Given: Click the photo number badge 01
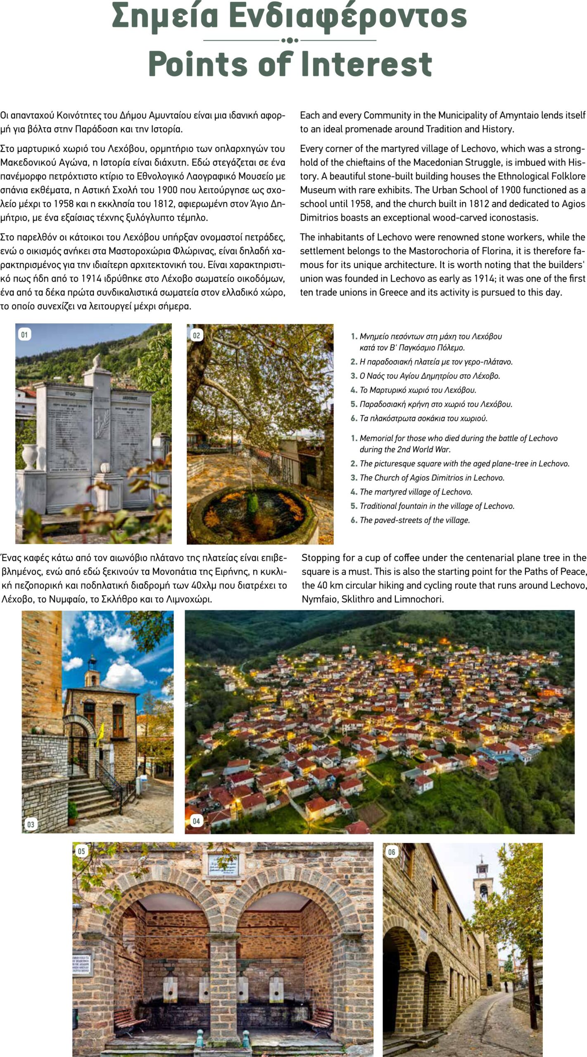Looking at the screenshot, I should [x=24, y=334].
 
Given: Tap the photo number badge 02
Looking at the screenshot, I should [x=196, y=335].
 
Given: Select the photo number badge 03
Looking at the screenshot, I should [x=31, y=825].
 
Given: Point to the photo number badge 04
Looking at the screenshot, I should [x=196, y=821].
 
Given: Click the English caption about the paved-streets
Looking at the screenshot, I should [x=414, y=520].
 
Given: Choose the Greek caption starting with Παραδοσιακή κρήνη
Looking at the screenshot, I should [x=437, y=404].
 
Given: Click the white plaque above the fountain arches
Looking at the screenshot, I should [x=223, y=864].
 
